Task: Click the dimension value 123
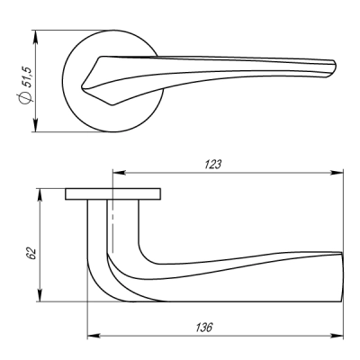[x=212, y=165]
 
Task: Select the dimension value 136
[x=204, y=328]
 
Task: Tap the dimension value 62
[x=31, y=254]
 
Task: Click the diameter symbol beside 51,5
[x=25, y=98]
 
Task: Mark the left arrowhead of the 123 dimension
[x=119, y=173]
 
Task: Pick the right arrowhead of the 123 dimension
[x=337, y=173]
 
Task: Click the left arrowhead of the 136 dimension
[x=94, y=336]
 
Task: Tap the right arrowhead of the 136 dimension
[x=337, y=336]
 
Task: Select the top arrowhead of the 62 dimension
[x=40, y=195]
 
